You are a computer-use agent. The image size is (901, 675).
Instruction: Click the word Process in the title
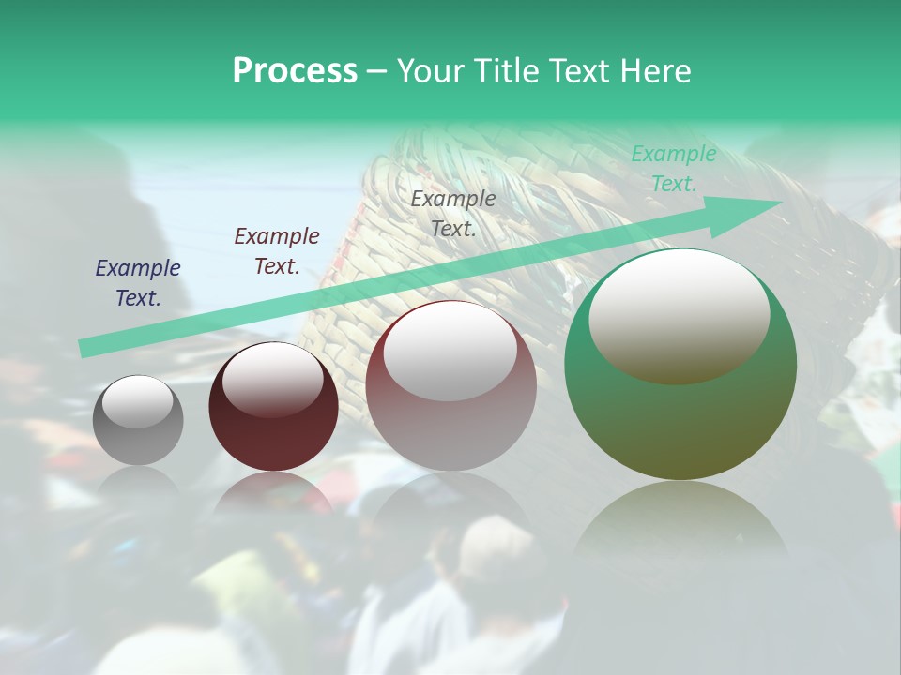(x=295, y=71)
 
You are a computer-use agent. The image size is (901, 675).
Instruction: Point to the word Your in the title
(x=429, y=71)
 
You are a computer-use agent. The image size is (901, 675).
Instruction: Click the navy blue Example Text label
(x=138, y=283)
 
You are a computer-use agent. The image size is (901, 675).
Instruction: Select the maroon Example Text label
(x=277, y=251)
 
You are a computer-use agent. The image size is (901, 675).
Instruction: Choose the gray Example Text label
(x=453, y=213)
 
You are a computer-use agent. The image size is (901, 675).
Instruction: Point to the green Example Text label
(x=674, y=169)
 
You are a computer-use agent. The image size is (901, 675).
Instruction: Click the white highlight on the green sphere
(x=679, y=314)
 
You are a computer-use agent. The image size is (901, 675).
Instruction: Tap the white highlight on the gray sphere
(x=137, y=402)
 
